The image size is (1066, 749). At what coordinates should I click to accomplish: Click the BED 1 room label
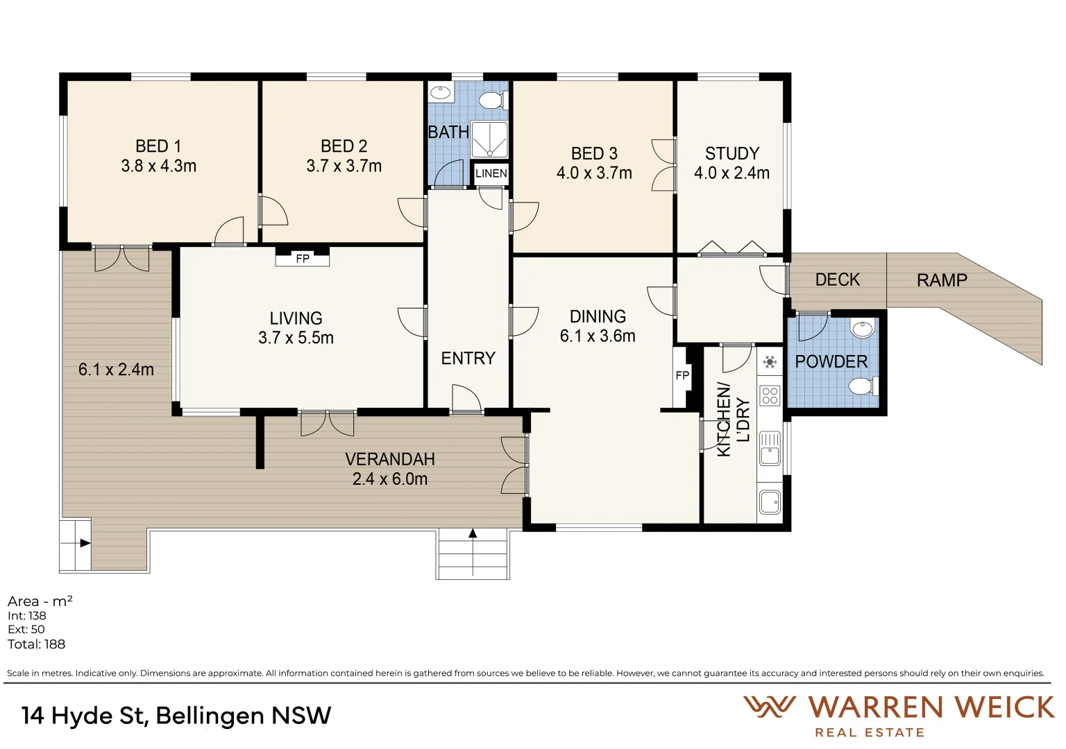pos(158,146)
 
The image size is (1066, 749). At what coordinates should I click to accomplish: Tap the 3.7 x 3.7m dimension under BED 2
pos(344,166)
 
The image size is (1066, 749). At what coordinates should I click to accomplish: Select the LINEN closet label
pos(491,173)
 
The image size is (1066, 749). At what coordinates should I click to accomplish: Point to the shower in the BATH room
pos(489,139)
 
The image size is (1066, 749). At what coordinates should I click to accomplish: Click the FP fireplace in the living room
pos(303,259)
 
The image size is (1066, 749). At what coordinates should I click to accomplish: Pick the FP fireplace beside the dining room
pos(682,376)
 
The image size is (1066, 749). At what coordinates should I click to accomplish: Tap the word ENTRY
pos(468,358)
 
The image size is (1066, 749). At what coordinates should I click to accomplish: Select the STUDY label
pos(732,153)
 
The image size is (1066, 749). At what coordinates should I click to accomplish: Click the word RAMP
pos(942,281)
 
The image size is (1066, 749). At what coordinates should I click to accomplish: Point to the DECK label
pos(838,279)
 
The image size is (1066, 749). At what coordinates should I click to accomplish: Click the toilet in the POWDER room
pos(863,386)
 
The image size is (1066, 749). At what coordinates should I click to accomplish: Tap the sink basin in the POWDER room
pos(863,329)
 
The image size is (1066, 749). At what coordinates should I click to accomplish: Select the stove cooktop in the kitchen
pos(770,396)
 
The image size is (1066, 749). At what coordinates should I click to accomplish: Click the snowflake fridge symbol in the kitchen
pos(770,363)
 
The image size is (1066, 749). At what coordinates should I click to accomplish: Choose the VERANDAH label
pos(390,459)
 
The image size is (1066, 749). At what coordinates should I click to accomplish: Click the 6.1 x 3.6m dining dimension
pos(598,336)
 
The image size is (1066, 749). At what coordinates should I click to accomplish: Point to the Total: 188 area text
pos(36,644)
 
